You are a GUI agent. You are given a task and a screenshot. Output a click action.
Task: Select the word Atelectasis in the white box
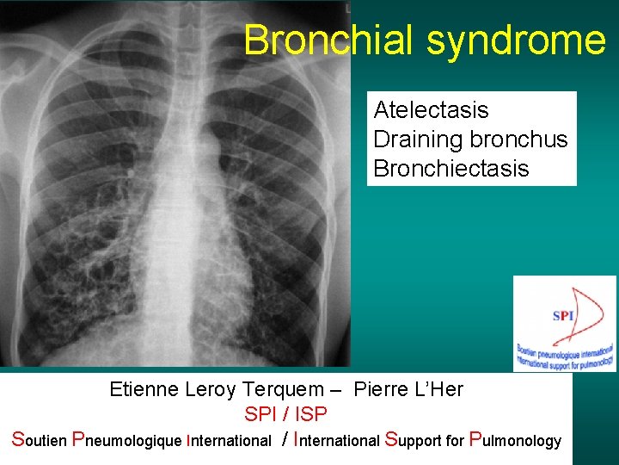point(431,110)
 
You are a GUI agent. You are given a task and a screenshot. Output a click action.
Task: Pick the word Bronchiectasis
point(451,168)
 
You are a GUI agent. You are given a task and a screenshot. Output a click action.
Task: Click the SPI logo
point(564,323)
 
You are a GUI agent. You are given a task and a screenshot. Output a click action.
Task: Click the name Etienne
point(144,389)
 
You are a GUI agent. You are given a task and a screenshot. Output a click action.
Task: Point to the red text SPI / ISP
point(285,414)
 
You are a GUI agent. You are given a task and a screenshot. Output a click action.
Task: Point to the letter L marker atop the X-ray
point(347,7)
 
